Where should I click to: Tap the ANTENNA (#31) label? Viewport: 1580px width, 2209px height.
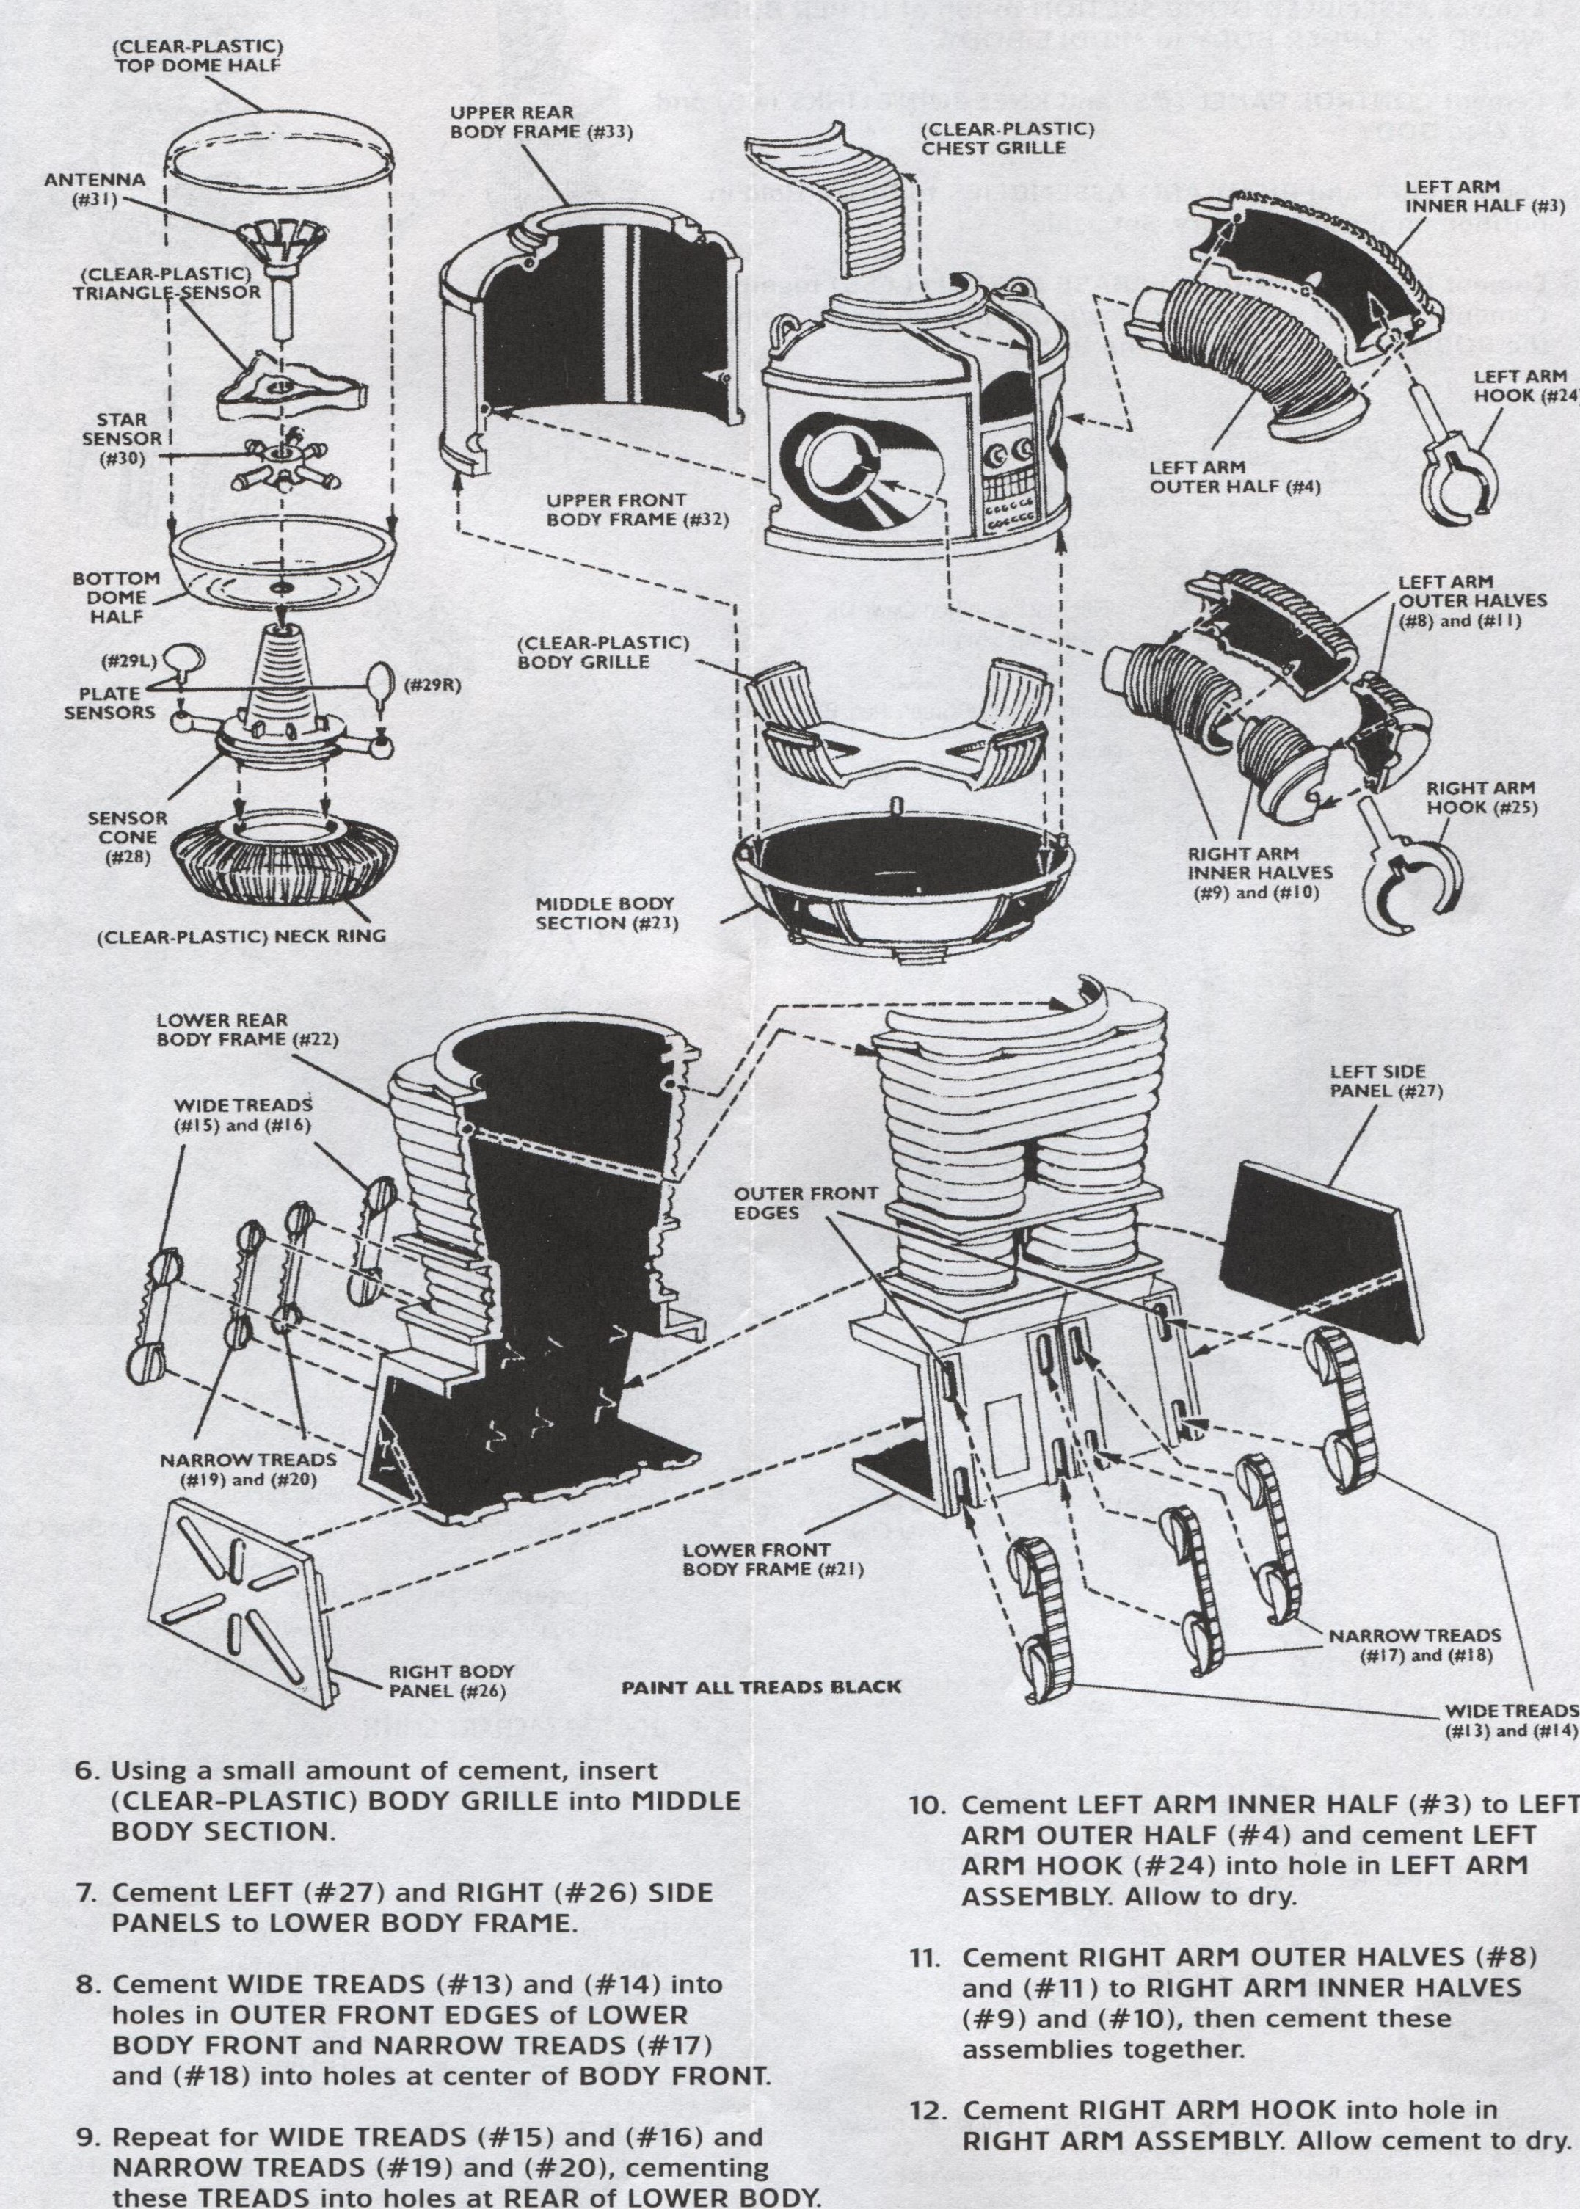pos(95,189)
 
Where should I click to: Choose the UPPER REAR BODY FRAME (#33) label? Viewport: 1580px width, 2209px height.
pos(541,122)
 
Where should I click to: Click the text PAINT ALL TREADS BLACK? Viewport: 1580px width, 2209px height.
pos(761,1686)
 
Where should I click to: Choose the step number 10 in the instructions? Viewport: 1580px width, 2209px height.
pos(926,1805)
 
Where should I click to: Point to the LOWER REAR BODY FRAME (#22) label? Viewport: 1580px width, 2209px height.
pos(247,1029)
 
